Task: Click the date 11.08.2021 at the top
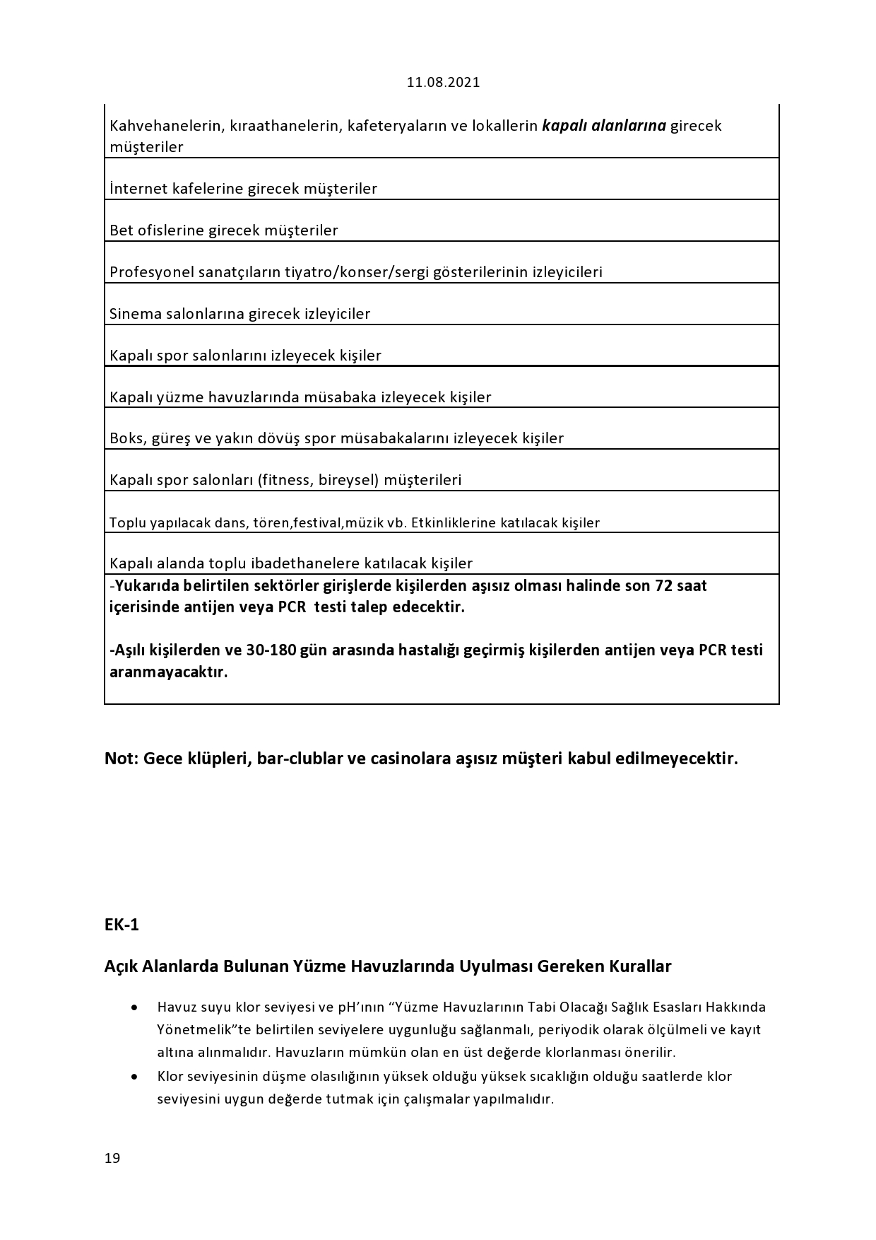443,82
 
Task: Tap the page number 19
112,1158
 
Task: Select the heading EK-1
122,925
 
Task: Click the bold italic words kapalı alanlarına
604,126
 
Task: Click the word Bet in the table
121,230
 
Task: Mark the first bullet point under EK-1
134,1007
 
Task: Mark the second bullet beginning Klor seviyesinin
134,1077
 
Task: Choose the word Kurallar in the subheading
640,966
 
